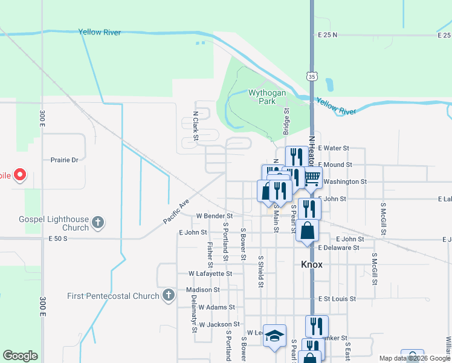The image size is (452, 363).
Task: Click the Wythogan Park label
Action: click(x=263, y=97)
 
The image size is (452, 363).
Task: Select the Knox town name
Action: click(x=312, y=265)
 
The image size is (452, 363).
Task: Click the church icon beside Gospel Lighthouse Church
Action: click(x=98, y=223)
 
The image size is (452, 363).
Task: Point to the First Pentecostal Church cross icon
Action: click(x=169, y=296)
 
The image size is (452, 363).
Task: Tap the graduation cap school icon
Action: click(x=274, y=336)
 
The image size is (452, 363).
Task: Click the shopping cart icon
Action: click(x=312, y=177)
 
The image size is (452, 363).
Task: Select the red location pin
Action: click(x=20, y=175)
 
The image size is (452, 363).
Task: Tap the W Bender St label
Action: click(x=215, y=216)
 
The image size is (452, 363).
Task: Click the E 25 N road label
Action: click(x=328, y=36)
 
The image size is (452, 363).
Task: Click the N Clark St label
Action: click(x=196, y=126)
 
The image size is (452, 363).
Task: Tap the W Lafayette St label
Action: click(x=210, y=274)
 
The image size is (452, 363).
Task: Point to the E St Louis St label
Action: click(x=338, y=299)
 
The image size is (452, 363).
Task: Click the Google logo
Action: click(x=20, y=356)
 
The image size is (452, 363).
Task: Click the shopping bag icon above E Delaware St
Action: click(x=308, y=231)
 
